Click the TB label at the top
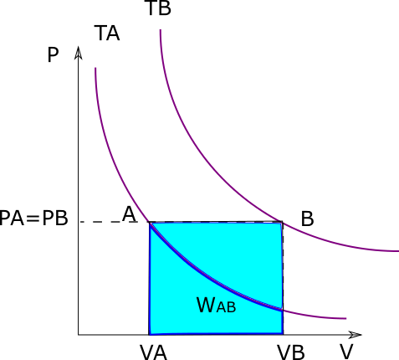tap(159, 8)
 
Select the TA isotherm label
tap(107, 33)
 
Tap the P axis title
tap(53, 55)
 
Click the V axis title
tap(346, 352)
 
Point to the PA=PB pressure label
tap(33, 218)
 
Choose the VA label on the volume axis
tap(153, 352)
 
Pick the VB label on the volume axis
tap(290, 352)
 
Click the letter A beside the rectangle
tap(129, 214)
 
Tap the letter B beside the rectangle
tap(308, 219)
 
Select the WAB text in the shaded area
tap(217, 306)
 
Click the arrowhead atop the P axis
tap(79, 52)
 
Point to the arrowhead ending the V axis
tap(355, 335)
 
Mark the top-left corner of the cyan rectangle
tap(149, 223)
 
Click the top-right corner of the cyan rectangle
tap(283, 223)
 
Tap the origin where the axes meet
tap(79, 335)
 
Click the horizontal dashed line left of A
tap(109, 222)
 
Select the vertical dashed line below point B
tap(283, 278)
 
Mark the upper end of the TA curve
tap(95, 68)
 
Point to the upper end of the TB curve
tap(161, 30)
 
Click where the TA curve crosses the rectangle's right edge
tap(283, 310)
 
